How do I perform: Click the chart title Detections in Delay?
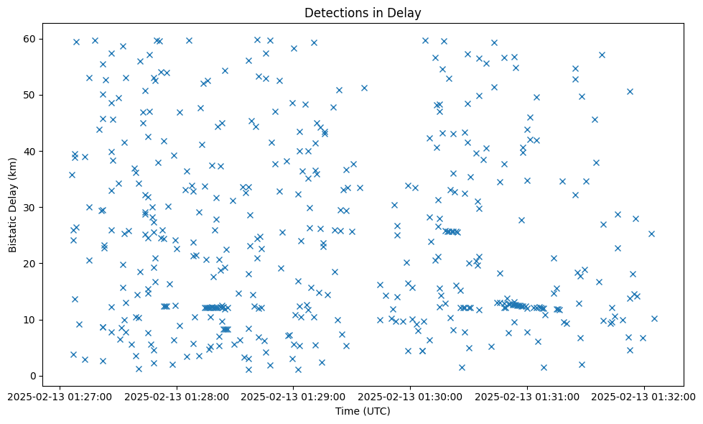[x=363, y=12]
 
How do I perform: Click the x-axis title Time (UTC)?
[x=363, y=412]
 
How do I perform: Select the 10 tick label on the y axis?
[x=30, y=320]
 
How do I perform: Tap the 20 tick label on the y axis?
[x=30, y=264]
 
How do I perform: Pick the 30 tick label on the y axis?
[x=30, y=208]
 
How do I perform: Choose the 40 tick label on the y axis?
[x=30, y=151]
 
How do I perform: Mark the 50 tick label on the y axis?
[x=30, y=95]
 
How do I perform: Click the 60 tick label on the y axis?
[x=30, y=39]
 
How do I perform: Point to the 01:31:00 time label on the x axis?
[x=528, y=396]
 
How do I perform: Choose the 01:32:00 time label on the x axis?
[x=645, y=396]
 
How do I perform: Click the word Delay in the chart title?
[x=406, y=12]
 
